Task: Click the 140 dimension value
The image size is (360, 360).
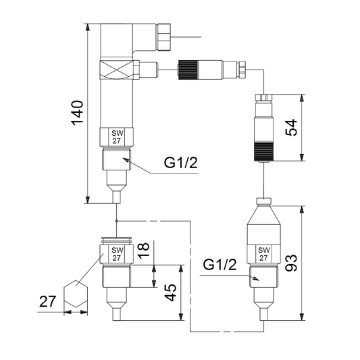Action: [x=77, y=113]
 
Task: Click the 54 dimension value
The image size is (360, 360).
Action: [x=291, y=128]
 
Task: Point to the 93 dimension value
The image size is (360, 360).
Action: [x=291, y=263]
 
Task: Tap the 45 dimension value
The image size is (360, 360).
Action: [x=171, y=292]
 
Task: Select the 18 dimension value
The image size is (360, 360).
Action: [x=143, y=251]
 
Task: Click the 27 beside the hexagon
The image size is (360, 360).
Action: [x=47, y=301]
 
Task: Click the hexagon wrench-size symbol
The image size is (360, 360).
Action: [x=76, y=294]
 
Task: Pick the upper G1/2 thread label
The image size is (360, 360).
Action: [x=181, y=163]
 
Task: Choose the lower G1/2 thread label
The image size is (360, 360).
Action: [x=220, y=265]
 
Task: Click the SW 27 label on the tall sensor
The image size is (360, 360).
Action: [x=117, y=137]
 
